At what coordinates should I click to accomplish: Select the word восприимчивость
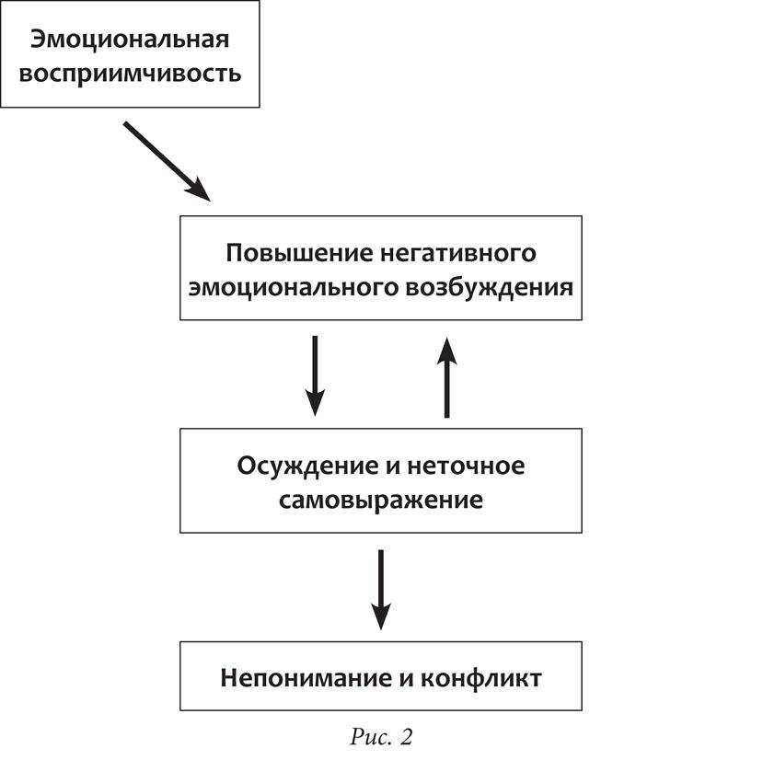(x=130, y=73)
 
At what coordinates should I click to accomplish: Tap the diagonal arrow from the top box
(x=166, y=158)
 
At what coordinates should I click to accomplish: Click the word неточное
(x=466, y=466)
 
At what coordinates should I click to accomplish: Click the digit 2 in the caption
(x=405, y=736)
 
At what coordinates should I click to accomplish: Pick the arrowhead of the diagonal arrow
(x=200, y=190)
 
